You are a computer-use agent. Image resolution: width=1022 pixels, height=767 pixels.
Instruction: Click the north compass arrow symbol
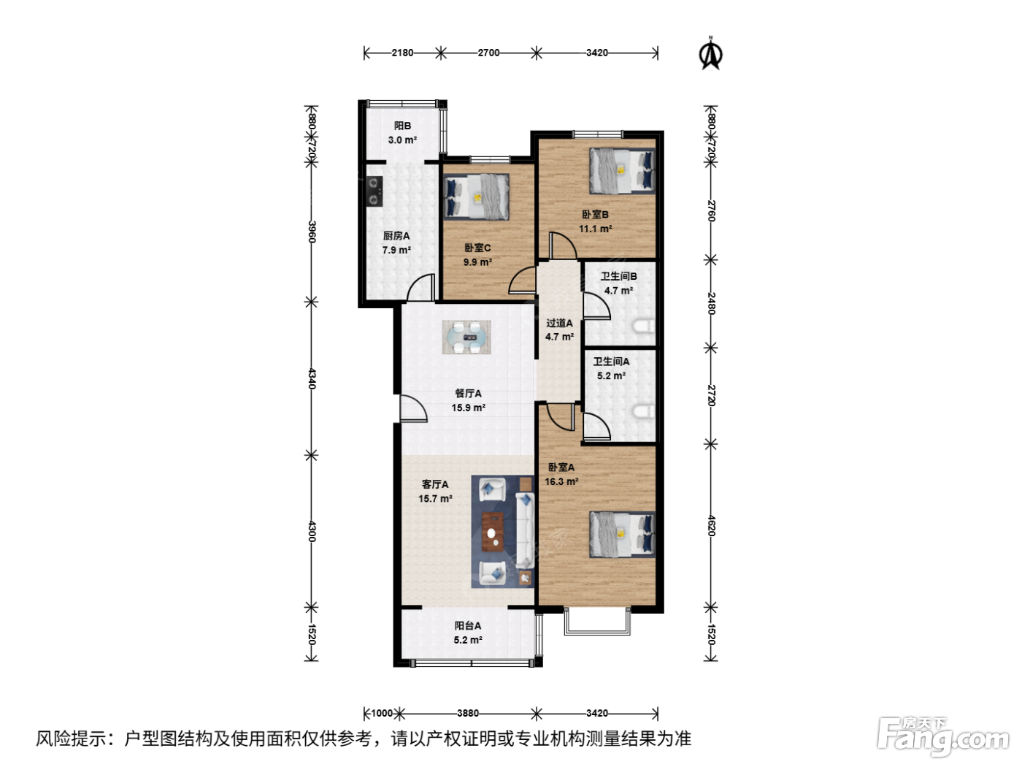pos(710,53)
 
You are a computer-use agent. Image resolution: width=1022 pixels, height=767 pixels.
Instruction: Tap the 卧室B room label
pos(595,215)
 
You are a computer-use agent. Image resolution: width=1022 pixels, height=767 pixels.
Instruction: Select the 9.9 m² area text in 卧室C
pos(477,262)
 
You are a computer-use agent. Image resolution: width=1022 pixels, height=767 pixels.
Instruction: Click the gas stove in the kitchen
pos(374,191)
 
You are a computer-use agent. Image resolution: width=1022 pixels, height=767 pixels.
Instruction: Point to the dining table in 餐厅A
pos(466,337)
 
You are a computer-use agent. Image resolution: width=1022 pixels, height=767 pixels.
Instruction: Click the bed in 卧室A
pos(622,534)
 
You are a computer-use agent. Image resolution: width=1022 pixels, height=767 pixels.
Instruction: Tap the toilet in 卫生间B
pos(645,326)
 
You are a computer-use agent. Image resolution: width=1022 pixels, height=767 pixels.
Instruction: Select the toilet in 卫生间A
pos(645,412)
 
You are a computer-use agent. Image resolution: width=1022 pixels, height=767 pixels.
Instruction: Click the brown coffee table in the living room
pos(493,531)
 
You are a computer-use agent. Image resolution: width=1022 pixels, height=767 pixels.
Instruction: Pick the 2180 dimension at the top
pos(402,53)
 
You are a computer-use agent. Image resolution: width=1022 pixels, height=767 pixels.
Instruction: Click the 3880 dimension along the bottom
pos(467,713)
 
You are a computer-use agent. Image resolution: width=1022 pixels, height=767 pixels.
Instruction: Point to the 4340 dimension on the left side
pos(312,378)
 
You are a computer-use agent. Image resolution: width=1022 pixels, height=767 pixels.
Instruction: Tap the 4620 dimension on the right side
pos(711,525)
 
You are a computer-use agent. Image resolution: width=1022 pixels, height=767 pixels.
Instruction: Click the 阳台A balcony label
pos(467,625)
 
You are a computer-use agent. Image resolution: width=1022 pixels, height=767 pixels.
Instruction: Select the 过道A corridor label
pos(559,323)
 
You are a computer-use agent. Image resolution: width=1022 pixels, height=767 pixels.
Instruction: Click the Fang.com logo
pos(943,737)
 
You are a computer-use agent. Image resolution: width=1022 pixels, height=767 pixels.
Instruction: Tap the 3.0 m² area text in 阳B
pos(402,140)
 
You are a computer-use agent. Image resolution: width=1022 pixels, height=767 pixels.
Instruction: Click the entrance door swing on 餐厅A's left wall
pos(413,408)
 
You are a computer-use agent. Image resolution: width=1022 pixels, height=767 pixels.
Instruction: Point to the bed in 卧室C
pos(476,196)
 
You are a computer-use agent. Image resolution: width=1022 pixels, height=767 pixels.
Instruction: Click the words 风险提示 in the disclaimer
pos(72,739)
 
